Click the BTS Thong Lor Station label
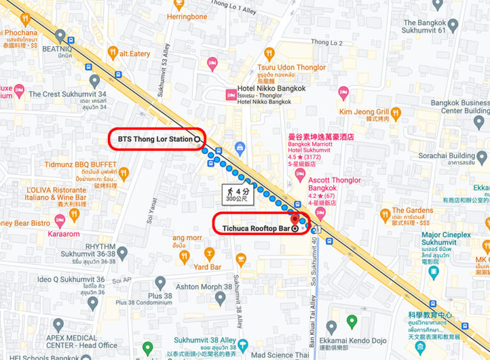pyautogui.click(x=156, y=139)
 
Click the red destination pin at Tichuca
pyautogui.click(x=294, y=219)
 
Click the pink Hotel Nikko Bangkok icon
pyautogui.click(x=230, y=94)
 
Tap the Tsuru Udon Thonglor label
pyautogui.click(x=292, y=67)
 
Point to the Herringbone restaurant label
pyautogui.click(x=187, y=17)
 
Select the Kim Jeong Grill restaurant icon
pyautogui.click(x=395, y=113)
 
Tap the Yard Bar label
pyautogui.click(x=207, y=267)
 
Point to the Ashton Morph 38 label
pyautogui.click(x=204, y=287)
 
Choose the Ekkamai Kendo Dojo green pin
pyautogui.click(x=351, y=321)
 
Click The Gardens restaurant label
pyautogui.click(x=412, y=210)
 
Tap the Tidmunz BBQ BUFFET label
pyautogui.click(x=80, y=164)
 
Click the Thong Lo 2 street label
pyautogui.click(x=327, y=43)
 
